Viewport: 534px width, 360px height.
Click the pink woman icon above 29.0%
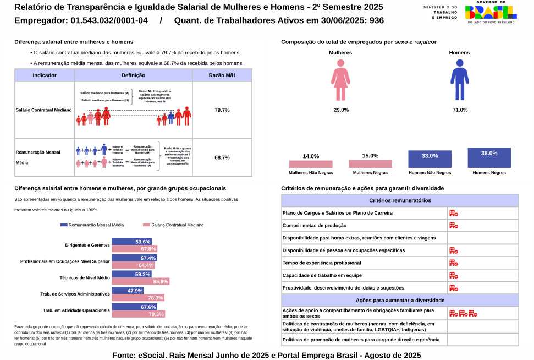(x=341, y=81)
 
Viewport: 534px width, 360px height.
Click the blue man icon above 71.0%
(x=459, y=81)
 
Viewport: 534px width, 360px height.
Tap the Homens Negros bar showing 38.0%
(x=489, y=158)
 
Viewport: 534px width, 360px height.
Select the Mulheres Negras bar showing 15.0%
(x=370, y=163)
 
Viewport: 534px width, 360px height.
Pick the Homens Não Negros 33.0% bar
(x=430, y=160)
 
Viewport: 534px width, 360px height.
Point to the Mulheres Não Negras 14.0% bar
(x=311, y=164)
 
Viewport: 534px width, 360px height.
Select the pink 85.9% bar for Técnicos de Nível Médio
(x=140, y=282)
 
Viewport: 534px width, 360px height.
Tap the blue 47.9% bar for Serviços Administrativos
(x=128, y=291)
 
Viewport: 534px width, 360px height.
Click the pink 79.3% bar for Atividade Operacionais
(x=139, y=314)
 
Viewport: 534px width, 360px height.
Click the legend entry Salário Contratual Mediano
(x=173, y=225)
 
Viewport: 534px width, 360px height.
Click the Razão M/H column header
(x=222, y=75)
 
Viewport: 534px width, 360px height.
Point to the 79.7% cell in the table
(x=222, y=110)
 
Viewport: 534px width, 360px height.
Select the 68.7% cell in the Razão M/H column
(x=222, y=157)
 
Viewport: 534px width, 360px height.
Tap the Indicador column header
(x=45, y=75)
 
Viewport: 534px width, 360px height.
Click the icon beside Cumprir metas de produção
(x=454, y=225)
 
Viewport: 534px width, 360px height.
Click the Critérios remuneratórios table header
(x=400, y=200)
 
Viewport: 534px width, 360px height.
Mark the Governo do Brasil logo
(x=491, y=12)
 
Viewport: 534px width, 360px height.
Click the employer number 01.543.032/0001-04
(x=109, y=21)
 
